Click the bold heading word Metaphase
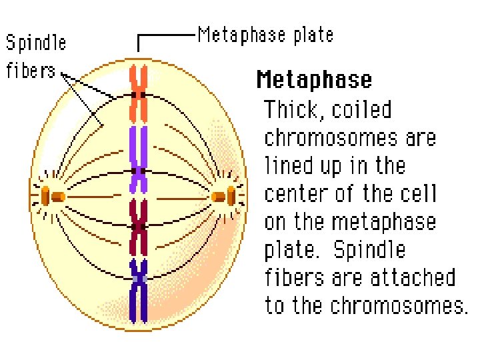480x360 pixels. tap(314, 80)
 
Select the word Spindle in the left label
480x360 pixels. tap(36, 44)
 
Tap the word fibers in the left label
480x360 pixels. tap(30, 70)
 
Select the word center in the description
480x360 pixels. tap(297, 194)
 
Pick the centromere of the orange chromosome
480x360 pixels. tap(139, 95)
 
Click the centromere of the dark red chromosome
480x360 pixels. tap(139, 227)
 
